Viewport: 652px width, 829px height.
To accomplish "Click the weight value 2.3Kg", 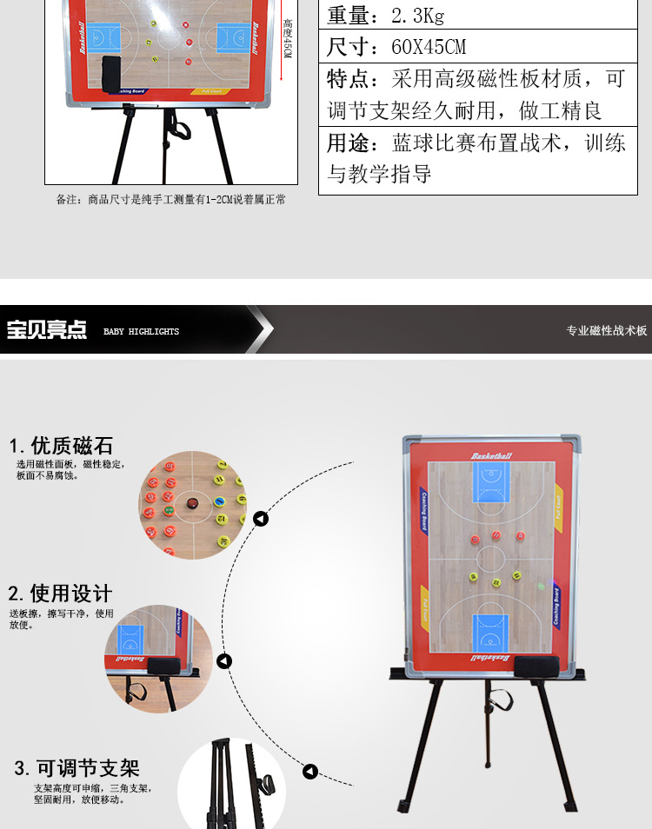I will (418, 16).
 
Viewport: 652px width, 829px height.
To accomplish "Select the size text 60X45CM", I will (428, 47).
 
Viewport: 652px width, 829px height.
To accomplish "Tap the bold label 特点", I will (349, 80).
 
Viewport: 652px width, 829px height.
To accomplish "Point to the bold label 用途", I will (349, 143).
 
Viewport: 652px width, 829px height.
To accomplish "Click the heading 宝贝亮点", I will (47, 330).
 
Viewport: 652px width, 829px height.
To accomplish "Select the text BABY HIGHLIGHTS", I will (141, 331).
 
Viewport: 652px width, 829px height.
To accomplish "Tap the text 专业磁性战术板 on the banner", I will (607, 330).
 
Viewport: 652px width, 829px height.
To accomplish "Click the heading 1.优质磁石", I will (61, 446).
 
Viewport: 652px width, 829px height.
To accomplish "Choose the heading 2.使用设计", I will (60, 594).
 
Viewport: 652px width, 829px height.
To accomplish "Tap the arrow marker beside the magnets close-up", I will (261, 520).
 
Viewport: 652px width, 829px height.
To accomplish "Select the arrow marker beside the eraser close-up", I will (224, 661).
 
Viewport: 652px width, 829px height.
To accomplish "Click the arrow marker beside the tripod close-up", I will (309, 772).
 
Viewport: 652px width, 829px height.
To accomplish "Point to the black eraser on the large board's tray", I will (531, 667).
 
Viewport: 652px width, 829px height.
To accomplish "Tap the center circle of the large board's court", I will (491, 557).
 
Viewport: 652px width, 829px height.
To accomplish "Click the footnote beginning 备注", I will (171, 200).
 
